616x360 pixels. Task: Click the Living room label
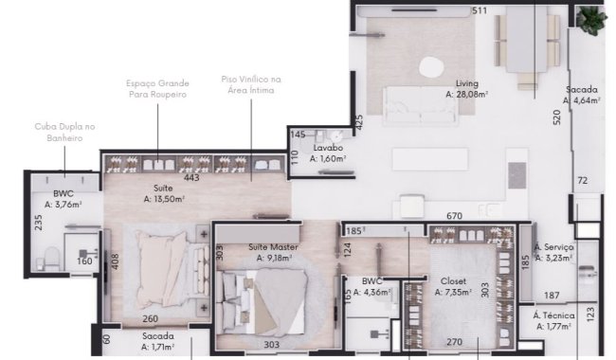(465, 83)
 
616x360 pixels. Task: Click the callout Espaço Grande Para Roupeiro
(157, 89)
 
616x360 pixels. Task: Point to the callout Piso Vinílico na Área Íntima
(251, 85)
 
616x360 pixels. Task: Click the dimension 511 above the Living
(480, 11)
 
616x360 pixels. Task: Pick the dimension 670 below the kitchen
(454, 216)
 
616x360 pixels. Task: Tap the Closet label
(454, 281)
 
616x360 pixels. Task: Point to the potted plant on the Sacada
(593, 19)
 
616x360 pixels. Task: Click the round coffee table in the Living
(431, 66)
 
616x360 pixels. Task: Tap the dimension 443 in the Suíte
(191, 176)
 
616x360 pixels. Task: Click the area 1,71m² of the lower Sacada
(157, 347)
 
